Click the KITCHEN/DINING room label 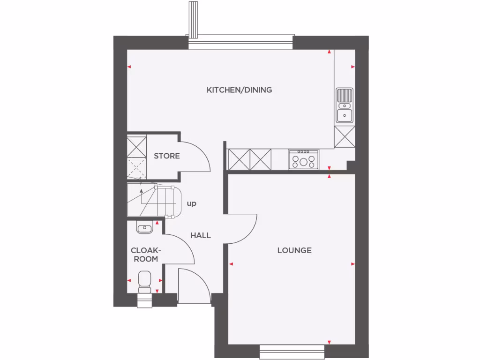pyautogui.click(x=239, y=90)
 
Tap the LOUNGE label pyautogui.click(x=294, y=250)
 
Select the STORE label pyautogui.click(x=167, y=156)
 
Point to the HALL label pyautogui.click(x=201, y=235)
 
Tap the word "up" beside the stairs pyautogui.click(x=191, y=204)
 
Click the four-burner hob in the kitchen pyautogui.click(x=304, y=160)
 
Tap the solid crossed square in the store pyautogui.click(x=137, y=146)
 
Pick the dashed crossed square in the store pyautogui.click(x=137, y=168)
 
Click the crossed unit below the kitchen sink pyautogui.click(x=345, y=137)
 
